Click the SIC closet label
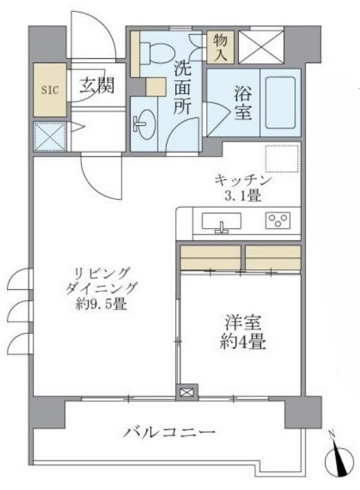coord(49,89)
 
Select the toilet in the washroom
coord(155,50)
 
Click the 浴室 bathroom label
coord(242,102)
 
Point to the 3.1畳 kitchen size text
coord(244,196)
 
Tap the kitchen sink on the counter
coord(221,223)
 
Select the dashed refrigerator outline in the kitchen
coord(282,159)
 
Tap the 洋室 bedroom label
coord(243,322)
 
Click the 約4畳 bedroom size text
coord(243,342)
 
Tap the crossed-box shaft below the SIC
coord(49,136)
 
